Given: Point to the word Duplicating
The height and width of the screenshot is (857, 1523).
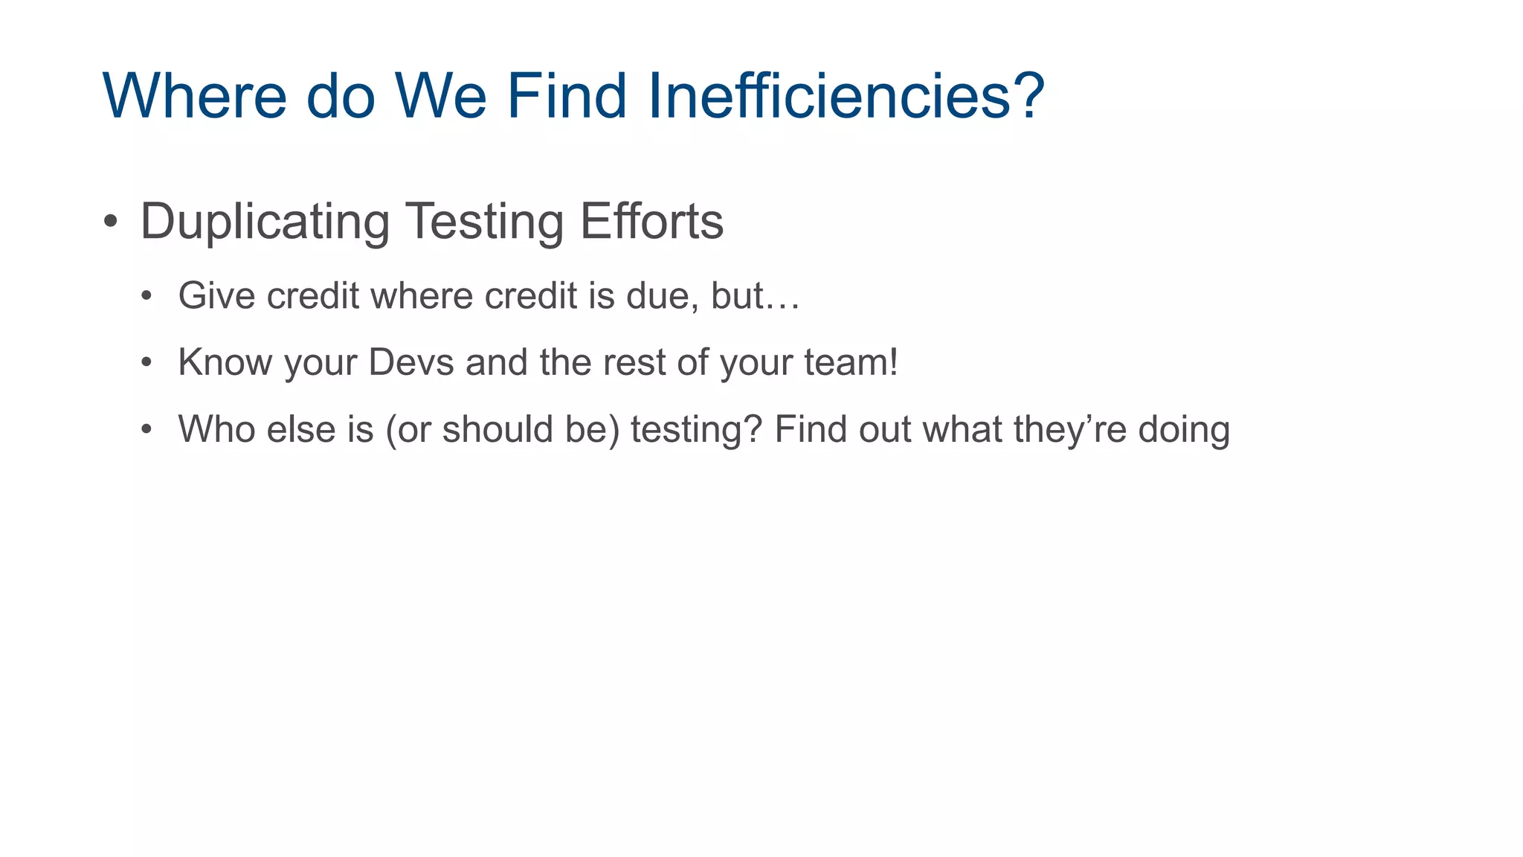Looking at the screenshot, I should pos(265,222).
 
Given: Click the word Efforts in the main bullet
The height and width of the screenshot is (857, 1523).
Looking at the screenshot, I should pos(651,222).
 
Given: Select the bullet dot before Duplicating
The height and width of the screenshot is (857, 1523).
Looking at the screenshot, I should pos(111,222).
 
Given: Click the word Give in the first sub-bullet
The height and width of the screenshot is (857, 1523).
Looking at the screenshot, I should pos(216,295).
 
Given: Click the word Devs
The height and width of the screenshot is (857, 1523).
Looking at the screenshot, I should pos(410,362).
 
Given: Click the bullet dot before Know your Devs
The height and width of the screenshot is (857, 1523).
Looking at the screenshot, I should pos(147,363).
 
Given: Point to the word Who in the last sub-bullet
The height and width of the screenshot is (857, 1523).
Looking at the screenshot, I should pos(216,429).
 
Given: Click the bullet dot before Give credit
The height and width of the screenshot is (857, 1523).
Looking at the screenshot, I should pos(147,296).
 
